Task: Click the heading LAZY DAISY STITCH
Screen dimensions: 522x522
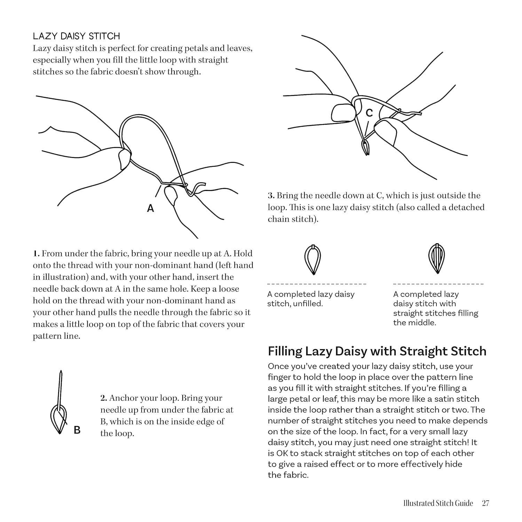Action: (76, 36)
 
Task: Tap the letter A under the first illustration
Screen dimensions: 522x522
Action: (150, 208)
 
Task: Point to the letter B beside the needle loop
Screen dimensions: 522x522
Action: (77, 430)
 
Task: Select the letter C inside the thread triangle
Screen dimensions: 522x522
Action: (369, 113)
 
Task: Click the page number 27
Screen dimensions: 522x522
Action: (485, 503)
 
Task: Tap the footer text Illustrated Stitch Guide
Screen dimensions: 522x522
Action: (438, 503)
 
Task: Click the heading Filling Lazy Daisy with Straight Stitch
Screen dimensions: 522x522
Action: (377, 351)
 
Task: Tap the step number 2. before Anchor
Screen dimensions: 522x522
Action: (103, 398)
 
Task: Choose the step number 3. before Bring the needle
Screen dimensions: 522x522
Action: (271, 196)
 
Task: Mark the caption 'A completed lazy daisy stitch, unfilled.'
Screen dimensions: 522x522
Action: (310, 299)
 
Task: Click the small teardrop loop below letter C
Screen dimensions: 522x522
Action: (365, 148)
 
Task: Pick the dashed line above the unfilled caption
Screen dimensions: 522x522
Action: (317, 284)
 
